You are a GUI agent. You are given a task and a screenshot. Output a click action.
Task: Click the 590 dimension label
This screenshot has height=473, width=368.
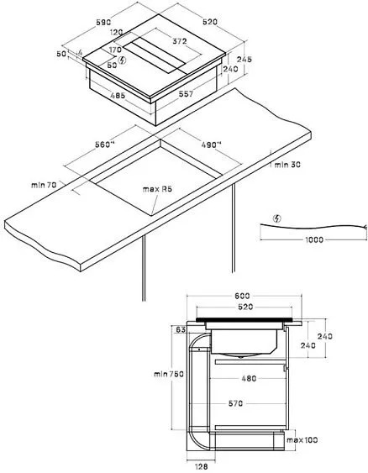104,22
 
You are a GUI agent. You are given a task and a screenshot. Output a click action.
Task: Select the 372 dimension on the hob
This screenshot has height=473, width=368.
180,41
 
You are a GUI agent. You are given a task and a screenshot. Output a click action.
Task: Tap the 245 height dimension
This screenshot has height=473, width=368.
244,59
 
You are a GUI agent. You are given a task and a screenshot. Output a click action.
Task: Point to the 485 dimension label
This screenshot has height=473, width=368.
118,96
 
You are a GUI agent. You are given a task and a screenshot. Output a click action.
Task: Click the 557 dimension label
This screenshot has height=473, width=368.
186,94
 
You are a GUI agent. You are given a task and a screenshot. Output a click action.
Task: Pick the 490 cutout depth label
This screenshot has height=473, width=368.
211,145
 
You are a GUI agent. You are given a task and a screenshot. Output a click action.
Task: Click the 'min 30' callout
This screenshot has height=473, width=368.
287,165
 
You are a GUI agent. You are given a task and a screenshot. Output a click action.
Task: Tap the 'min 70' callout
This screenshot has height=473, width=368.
44,185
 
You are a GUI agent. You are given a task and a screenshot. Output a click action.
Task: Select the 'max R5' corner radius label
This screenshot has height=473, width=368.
157,189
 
